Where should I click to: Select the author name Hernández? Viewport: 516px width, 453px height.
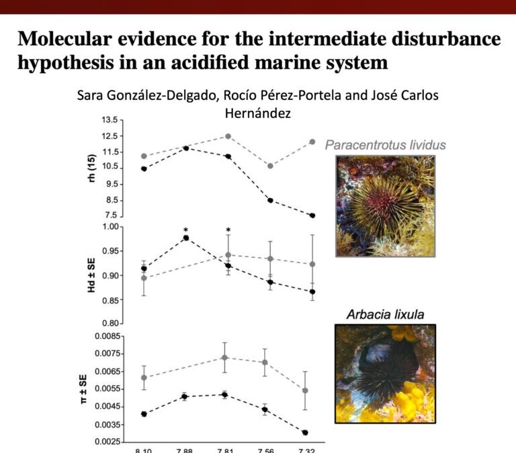click(258, 113)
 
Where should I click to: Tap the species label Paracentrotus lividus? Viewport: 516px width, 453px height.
click(386, 145)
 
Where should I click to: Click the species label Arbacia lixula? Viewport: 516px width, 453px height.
click(385, 313)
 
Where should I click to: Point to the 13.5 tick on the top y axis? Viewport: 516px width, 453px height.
click(110, 120)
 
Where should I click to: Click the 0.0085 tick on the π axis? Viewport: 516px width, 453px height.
click(103, 336)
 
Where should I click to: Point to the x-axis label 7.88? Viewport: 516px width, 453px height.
click(184, 450)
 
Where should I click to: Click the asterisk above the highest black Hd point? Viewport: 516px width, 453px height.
click(185, 230)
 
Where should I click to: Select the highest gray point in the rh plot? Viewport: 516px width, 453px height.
click(228, 136)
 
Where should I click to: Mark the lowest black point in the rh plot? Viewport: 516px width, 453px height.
click(312, 215)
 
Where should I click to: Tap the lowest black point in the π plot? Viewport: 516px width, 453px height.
click(306, 433)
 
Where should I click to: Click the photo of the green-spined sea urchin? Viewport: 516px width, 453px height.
click(386, 205)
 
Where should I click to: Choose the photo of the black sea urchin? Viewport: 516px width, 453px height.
click(386, 373)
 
